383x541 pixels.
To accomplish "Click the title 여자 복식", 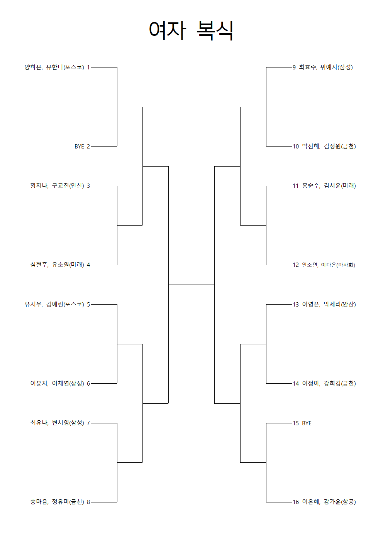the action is [x=191, y=31].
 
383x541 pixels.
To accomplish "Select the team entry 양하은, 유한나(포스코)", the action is [x=54, y=67].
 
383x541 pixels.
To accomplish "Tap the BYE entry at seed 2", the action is [x=79, y=147].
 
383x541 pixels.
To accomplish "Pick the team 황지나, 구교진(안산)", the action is [x=57, y=185].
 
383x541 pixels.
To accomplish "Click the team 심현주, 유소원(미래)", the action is [x=57, y=265].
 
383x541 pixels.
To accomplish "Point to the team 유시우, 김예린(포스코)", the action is [x=54, y=304].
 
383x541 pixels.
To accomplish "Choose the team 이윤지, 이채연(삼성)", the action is [x=57, y=383].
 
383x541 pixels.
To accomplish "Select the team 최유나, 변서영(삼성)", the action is [x=57, y=423].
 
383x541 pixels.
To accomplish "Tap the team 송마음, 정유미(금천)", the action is [x=57, y=502].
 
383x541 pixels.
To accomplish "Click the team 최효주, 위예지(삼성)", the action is [x=326, y=67].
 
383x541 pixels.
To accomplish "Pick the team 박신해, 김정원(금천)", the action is [x=329, y=146].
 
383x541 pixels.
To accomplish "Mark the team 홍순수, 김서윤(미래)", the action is [x=329, y=185].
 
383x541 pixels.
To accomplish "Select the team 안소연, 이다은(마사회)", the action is [x=328, y=265].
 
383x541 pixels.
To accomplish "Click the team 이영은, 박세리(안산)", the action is [x=329, y=304].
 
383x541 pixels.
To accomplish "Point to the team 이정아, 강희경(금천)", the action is [x=329, y=383].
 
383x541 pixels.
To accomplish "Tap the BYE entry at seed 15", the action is [x=307, y=423].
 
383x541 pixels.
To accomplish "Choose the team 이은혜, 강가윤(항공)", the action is [x=329, y=502].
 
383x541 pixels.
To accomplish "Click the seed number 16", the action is [x=296, y=502].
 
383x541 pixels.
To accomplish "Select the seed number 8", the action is [x=88, y=502].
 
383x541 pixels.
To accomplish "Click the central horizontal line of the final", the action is [x=191, y=285].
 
